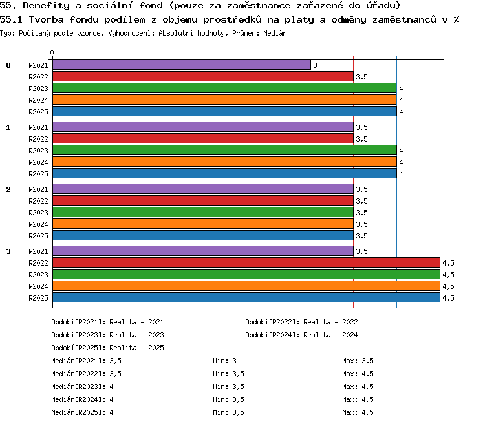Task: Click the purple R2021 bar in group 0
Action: click(x=182, y=65)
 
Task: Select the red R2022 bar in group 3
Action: click(x=246, y=262)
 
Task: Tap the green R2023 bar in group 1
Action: click(x=224, y=150)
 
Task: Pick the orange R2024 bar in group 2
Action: click(x=203, y=224)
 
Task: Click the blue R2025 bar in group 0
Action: click(x=224, y=111)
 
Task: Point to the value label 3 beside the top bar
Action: click(x=315, y=65)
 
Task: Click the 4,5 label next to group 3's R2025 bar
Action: click(x=448, y=298)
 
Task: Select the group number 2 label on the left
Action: click(x=8, y=189)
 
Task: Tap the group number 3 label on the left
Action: click(x=8, y=251)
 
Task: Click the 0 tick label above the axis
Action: click(x=52, y=52)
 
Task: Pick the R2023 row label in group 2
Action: click(x=38, y=213)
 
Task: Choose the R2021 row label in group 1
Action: click(x=38, y=127)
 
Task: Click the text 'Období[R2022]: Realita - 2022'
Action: click(x=301, y=323)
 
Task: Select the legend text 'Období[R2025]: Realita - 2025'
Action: click(x=107, y=348)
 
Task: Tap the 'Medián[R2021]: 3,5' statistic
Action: click(x=86, y=361)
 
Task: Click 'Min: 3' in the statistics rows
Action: click(x=224, y=361)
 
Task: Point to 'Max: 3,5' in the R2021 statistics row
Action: click(x=358, y=361)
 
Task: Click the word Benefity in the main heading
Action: click(x=47, y=6)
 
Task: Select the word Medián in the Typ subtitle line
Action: click(x=275, y=33)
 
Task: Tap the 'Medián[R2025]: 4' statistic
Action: click(x=82, y=412)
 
